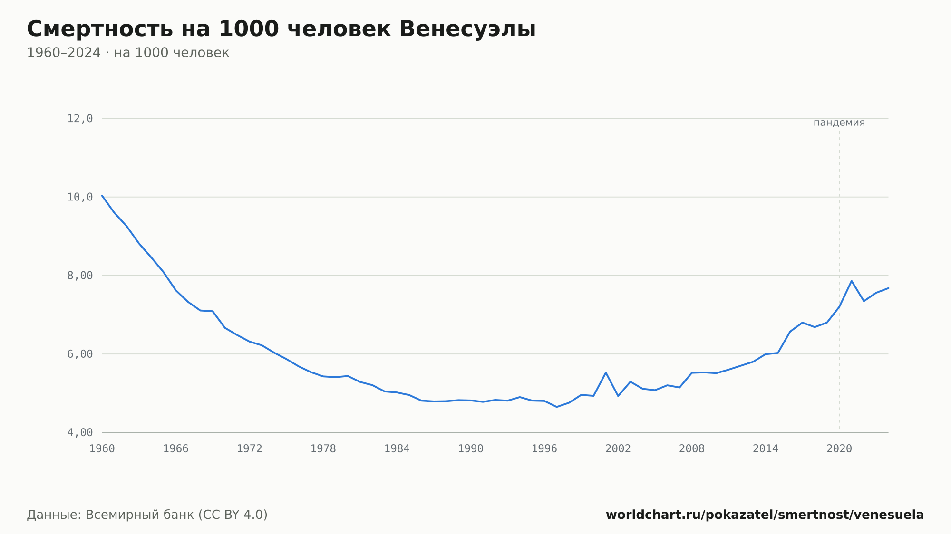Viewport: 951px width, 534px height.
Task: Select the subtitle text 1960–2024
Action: click(64, 53)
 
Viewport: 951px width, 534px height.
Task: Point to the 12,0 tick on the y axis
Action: click(80, 119)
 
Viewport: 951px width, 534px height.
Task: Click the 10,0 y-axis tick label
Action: click(80, 197)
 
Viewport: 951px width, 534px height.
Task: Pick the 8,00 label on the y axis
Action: click(80, 276)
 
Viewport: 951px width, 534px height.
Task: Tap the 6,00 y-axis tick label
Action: click(80, 354)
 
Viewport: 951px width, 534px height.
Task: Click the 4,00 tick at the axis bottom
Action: click(80, 432)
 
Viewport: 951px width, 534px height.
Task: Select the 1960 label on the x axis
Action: click(102, 449)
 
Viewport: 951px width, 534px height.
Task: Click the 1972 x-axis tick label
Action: click(250, 449)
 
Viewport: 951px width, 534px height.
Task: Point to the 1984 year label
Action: click(397, 449)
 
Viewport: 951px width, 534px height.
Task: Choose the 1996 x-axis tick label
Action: click(544, 449)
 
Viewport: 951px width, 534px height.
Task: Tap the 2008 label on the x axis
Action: click(692, 449)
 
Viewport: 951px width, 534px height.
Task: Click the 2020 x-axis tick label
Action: click(839, 449)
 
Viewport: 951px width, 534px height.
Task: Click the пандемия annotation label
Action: click(839, 123)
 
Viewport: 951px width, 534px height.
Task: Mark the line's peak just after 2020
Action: click(852, 281)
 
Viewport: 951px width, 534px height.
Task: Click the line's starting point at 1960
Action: click(102, 195)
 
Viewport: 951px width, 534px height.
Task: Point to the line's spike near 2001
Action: click(606, 372)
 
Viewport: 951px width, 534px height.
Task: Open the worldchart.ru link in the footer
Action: click(765, 515)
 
